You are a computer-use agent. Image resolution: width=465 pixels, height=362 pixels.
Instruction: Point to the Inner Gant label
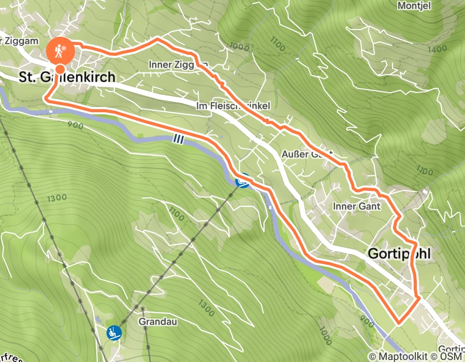[357, 206]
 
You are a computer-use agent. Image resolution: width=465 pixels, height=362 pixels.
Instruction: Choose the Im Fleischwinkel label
[234, 105]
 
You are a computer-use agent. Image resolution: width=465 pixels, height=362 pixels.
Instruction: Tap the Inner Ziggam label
[178, 65]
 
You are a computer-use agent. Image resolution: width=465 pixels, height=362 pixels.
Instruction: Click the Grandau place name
[158, 321]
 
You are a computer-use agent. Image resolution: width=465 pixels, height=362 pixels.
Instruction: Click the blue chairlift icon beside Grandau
[114, 333]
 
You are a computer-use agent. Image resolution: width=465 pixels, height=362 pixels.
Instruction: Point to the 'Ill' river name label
[178, 139]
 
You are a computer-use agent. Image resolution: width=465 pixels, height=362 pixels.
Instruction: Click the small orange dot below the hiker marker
[61, 69]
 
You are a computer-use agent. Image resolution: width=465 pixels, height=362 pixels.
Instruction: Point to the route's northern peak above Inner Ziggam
[157, 38]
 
